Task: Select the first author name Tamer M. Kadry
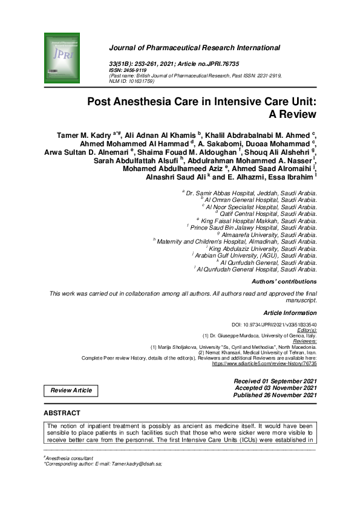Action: (x=80, y=135)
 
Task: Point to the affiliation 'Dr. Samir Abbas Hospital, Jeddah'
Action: (x=250, y=192)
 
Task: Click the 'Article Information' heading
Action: (x=290, y=313)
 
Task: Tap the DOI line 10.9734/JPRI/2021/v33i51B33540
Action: (x=275, y=325)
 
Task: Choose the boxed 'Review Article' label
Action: (x=71, y=391)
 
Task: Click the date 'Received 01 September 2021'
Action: (x=275, y=380)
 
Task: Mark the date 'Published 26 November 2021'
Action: (x=275, y=395)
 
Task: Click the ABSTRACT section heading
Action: (x=62, y=413)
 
